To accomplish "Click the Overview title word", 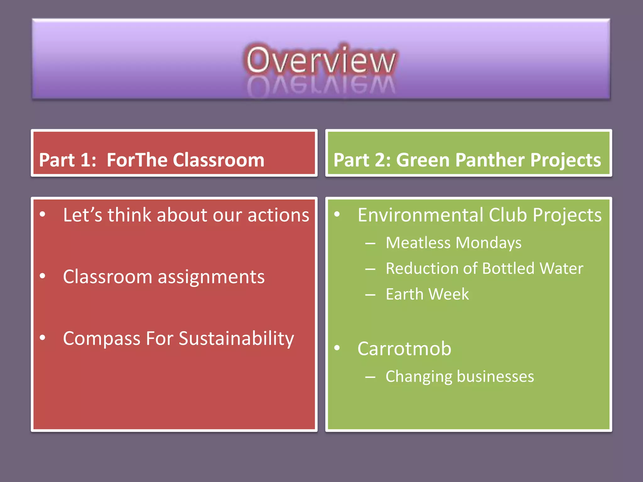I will pyautogui.click(x=321, y=60).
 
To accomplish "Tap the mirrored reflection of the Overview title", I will pyautogui.click(x=321, y=85).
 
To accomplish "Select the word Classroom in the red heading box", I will pyautogui.click(x=219, y=160).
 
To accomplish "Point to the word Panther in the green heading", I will pyautogui.click(x=490, y=160).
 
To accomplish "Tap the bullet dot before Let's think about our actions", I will pyautogui.click(x=43, y=214).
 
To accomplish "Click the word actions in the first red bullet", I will pyautogui.click(x=278, y=215).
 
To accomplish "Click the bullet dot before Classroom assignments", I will pyautogui.click(x=43, y=276).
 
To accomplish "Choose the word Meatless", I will pyautogui.click(x=418, y=243).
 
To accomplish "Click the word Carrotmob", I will pyautogui.click(x=404, y=349).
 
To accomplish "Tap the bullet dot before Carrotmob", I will pyautogui.click(x=337, y=348).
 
